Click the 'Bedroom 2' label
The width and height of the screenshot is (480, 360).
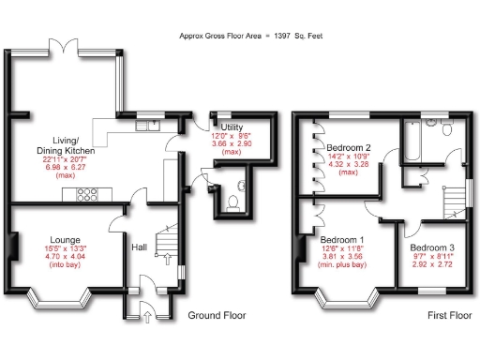click(349, 148)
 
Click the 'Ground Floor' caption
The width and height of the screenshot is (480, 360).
click(217, 316)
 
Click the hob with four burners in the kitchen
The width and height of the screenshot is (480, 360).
click(88, 195)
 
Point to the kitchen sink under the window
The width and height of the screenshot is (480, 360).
click(147, 123)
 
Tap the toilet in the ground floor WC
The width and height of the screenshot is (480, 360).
click(232, 201)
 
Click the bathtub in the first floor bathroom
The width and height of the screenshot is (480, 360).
click(414, 145)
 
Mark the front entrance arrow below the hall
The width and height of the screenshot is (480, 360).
click(147, 317)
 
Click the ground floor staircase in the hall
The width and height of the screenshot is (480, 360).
click(166, 242)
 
